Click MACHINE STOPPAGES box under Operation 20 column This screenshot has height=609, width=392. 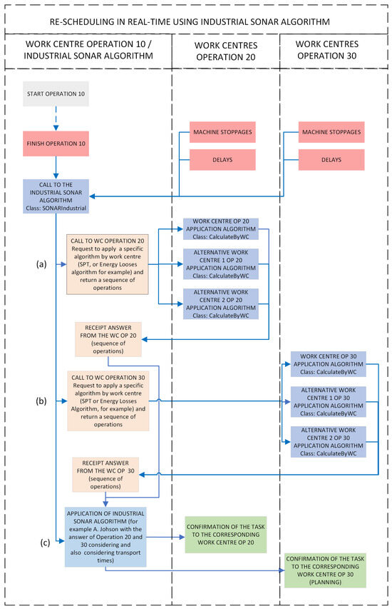[x=223, y=133]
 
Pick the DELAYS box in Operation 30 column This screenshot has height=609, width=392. [x=330, y=160]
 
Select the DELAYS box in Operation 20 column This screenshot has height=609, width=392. [x=223, y=160]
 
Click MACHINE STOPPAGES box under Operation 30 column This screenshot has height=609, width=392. [x=330, y=133]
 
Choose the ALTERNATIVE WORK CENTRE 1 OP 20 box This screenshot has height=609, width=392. [x=221, y=263]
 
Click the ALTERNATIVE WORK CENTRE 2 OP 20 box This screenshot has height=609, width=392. [x=221, y=303]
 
